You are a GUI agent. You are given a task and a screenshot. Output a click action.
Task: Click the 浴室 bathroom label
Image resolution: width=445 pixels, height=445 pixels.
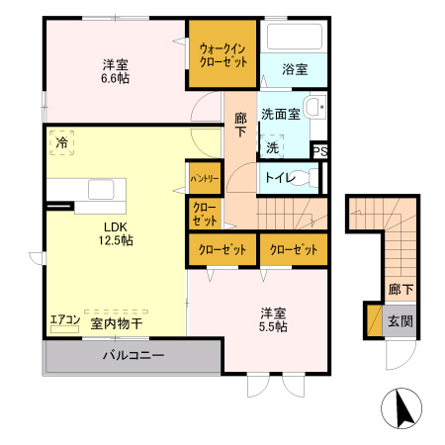click(x=294, y=70)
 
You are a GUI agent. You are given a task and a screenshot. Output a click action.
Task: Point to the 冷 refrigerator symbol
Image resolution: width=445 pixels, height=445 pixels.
click(x=62, y=143)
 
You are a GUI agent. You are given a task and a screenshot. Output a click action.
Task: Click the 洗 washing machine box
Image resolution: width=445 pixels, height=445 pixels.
click(x=272, y=146)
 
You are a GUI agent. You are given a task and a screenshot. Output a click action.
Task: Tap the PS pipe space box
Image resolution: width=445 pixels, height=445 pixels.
click(x=318, y=150)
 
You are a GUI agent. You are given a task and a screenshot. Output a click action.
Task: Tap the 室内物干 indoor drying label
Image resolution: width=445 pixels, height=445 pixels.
click(x=117, y=322)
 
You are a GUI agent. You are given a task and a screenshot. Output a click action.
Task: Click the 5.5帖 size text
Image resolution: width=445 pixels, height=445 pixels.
click(x=275, y=326)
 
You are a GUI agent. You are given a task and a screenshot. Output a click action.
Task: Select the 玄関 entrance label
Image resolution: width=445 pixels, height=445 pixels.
click(x=400, y=321)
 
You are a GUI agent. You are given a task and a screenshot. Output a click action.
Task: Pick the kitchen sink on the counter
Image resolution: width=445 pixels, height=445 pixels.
click(x=102, y=188)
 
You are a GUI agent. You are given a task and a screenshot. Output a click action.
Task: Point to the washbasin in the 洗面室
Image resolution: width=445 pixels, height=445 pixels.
click(x=314, y=109)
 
